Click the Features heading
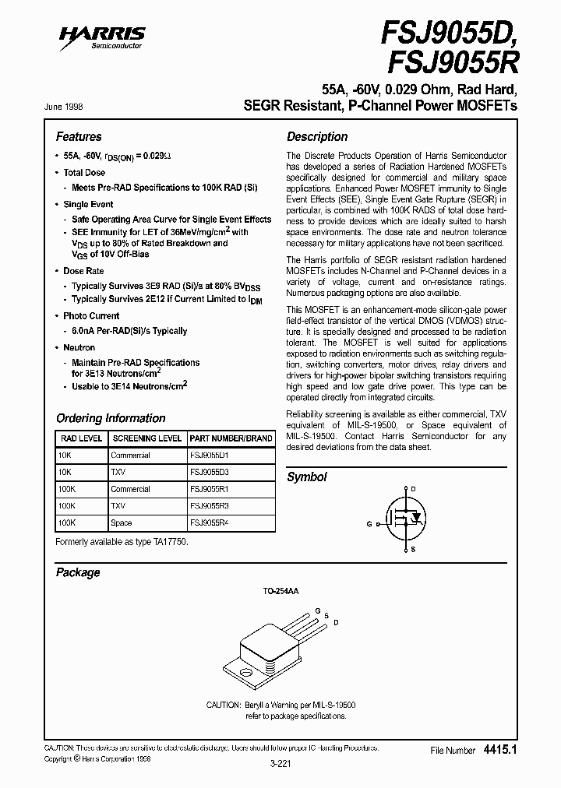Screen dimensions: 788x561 [x=79, y=136]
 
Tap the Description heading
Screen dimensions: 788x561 [x=317, y=136]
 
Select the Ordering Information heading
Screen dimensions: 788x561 [x=111, y=418]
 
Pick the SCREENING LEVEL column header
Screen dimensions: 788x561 [x=146, y=438]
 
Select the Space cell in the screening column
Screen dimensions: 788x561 [x=122, y=523]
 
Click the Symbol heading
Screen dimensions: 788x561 [x=307, y=477]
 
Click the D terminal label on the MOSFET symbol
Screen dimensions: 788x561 [x=413, y=489]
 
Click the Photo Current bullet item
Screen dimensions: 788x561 [x=91, y=316]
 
